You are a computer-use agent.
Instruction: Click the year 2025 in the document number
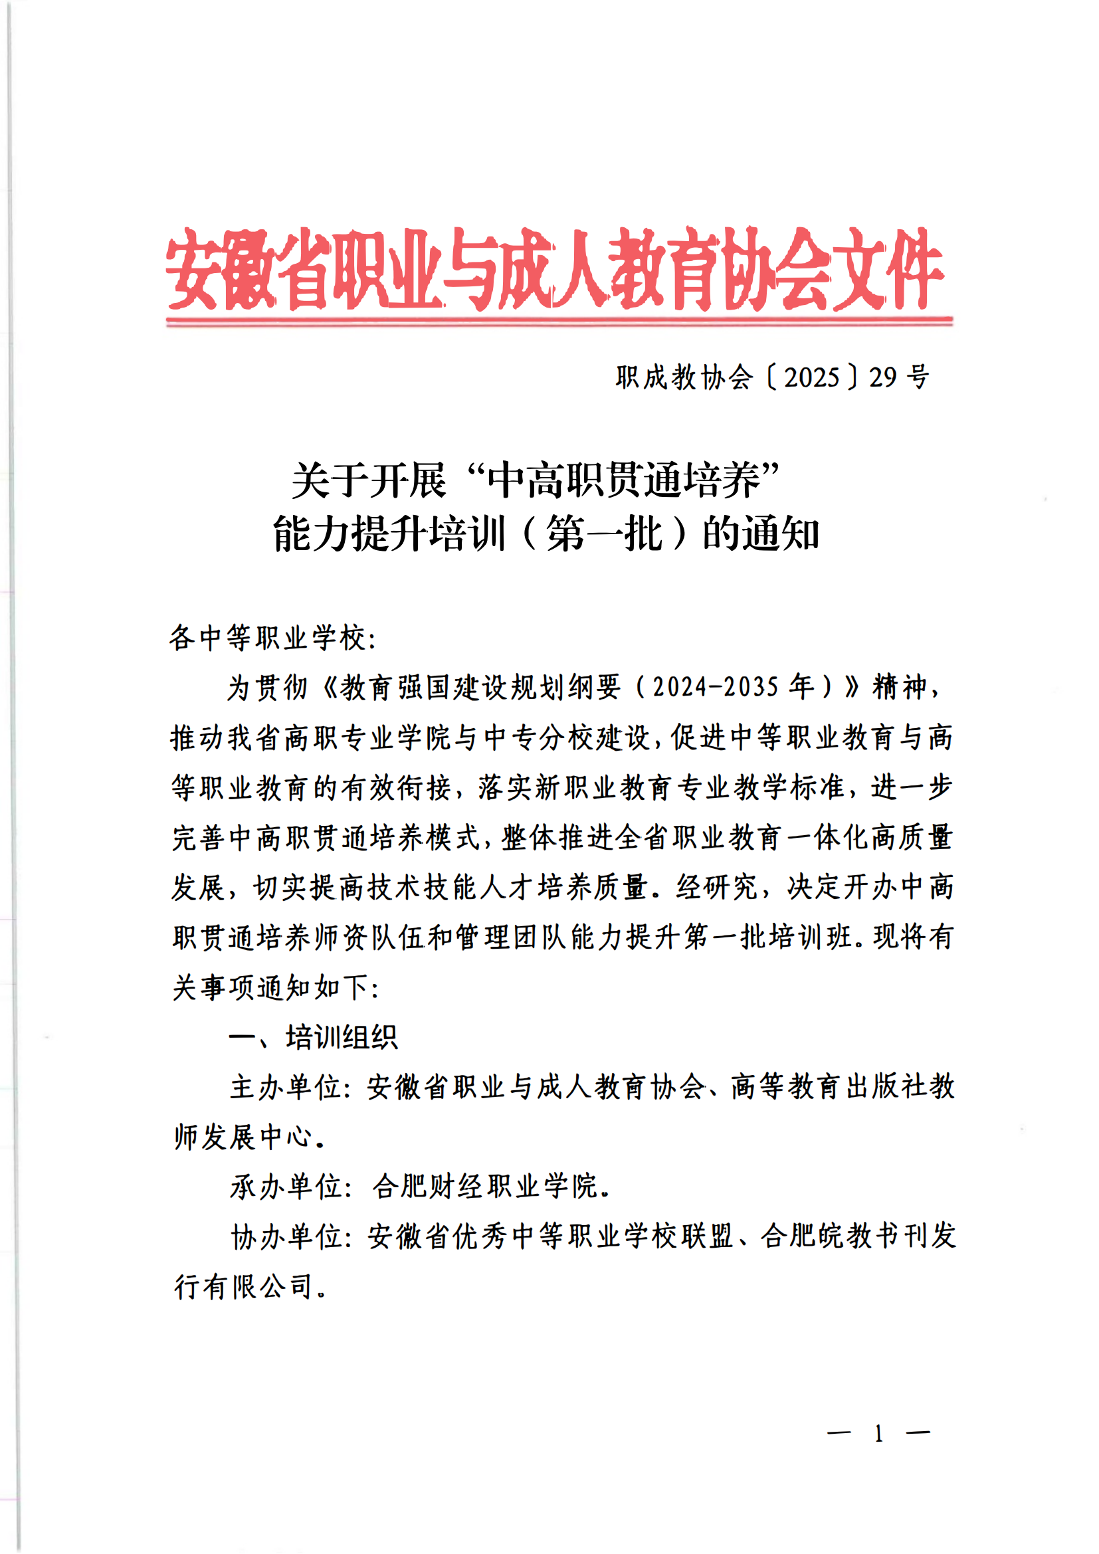click(811, 377)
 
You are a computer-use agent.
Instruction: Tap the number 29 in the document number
click(883, 377)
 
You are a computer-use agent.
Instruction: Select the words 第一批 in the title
click(604, 534)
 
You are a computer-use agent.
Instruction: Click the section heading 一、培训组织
click(314, 1037)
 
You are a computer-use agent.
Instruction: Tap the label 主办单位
click(285, 1087)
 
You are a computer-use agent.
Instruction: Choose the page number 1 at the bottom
click(878, 1433)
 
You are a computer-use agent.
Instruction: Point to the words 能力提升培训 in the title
click(389, 534)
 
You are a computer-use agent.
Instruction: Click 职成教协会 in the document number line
click(684, 377)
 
